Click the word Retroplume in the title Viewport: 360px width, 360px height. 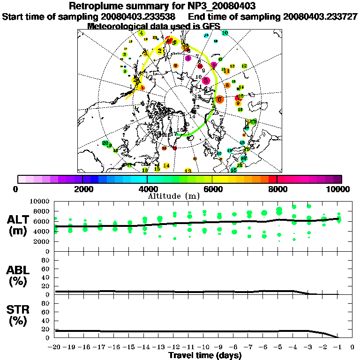tap(93, 6)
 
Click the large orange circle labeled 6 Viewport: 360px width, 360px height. tap(220, 99)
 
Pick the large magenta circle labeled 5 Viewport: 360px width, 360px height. tap(206, 81)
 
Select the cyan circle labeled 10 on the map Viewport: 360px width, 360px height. tap(225, 33)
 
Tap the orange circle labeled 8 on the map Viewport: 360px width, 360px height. tap(227, 85)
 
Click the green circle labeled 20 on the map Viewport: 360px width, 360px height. tap(105, 143)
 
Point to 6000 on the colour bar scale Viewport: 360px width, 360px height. tap(212, 189)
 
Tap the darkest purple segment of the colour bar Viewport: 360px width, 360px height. tap(337, 179)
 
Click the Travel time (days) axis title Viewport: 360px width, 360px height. tap(205, 356)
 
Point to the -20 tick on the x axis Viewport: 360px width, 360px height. tap(56, 347)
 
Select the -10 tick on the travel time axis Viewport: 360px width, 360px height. tap(204, 347)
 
